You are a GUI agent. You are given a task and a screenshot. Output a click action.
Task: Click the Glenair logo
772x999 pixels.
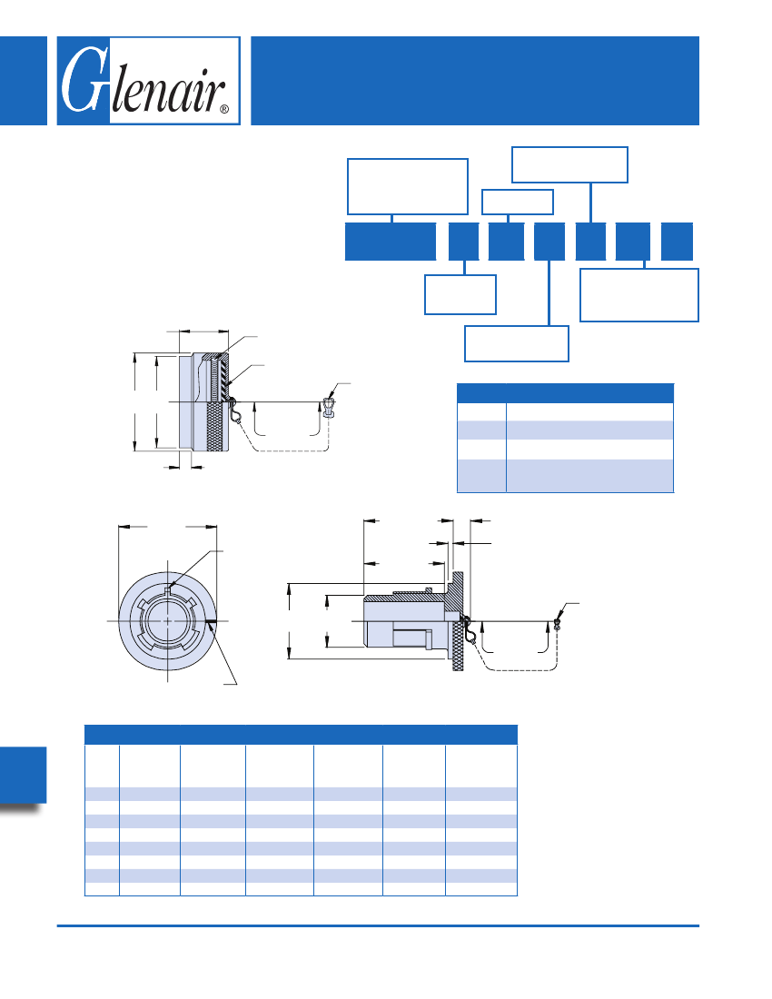(148, 80)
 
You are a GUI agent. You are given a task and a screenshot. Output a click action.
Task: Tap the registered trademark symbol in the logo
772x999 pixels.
(223, 110)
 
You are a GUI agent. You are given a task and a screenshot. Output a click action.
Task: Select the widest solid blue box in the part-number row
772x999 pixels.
(391, 242)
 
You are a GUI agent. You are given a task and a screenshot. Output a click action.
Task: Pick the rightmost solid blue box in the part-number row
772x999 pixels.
(677, 242)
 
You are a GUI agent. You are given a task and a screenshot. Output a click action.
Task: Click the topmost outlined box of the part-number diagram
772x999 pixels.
(569, 165)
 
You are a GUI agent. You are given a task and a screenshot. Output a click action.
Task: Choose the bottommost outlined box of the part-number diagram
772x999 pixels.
(517, 343)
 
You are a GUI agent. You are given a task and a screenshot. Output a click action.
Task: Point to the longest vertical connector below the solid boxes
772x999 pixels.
(549, 293)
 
